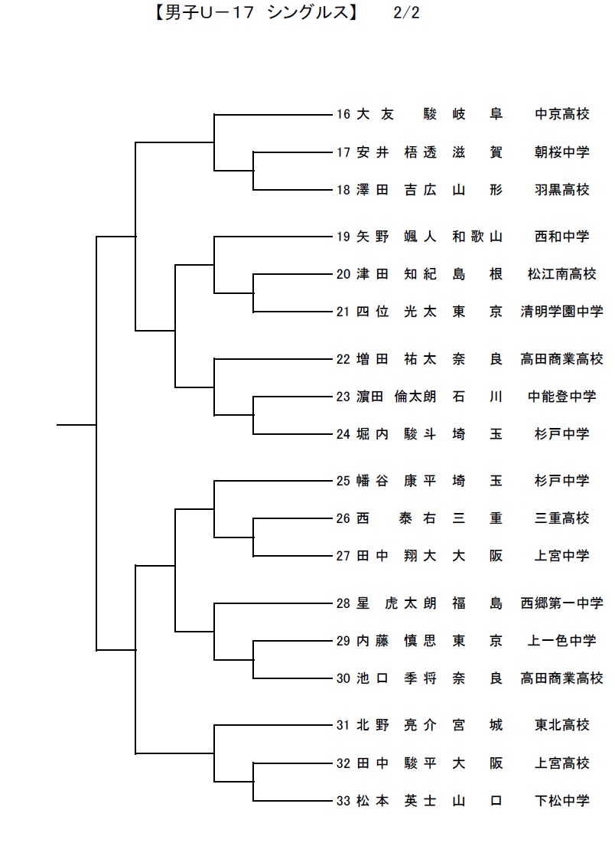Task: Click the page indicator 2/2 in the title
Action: [406, 12]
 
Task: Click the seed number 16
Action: [343, 114]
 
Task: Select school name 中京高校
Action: [562, 114]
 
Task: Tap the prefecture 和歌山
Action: [477, 237]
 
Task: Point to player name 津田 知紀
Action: [396, 274]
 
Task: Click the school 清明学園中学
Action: [562, 312]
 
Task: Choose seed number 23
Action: [343, 397]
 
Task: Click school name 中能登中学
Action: [562, 397]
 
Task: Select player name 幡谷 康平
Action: [396, 481]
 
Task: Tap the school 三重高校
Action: [562, 518]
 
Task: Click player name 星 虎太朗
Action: [396, 603]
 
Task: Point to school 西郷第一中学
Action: [562, 603]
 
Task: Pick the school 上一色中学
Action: [562, 640]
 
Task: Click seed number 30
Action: [343, 678]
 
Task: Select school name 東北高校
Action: [562, 725]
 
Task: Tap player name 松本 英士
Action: [396, 801]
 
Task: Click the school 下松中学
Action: [562, 801]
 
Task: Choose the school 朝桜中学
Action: [562, 152]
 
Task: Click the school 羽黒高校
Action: [562, 190]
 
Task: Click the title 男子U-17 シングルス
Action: [255, 12]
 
